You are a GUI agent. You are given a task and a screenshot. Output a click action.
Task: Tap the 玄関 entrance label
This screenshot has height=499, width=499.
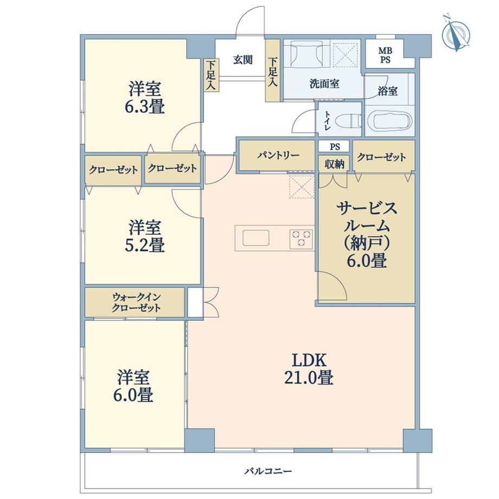pos(243,60)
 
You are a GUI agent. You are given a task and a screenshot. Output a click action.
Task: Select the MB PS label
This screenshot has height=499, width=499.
pos(385,55)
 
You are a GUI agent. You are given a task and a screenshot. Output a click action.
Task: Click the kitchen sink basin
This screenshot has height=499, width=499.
pos(256,238)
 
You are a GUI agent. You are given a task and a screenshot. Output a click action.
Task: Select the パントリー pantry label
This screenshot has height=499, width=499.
pos(278,155)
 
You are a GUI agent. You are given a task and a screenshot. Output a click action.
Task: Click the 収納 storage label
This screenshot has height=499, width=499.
pos(335,164)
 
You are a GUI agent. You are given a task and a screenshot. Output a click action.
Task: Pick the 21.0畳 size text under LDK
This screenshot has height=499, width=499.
pos(309,378)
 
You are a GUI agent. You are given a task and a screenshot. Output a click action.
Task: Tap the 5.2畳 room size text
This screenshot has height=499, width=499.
pos(144,245)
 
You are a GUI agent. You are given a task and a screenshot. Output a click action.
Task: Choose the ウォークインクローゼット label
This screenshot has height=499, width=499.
pos(136,302)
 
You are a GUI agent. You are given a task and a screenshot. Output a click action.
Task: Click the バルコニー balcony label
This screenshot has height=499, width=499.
pos(268,471)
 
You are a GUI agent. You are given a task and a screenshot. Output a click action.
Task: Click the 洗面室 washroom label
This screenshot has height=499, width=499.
pos(324,84)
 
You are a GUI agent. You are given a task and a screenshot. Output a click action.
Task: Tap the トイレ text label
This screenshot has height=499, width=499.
pos(327,120)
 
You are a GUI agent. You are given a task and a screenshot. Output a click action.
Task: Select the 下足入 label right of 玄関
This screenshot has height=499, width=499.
pos(273,72)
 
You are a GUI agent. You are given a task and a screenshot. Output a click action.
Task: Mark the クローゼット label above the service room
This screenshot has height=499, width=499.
pos(381,157)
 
